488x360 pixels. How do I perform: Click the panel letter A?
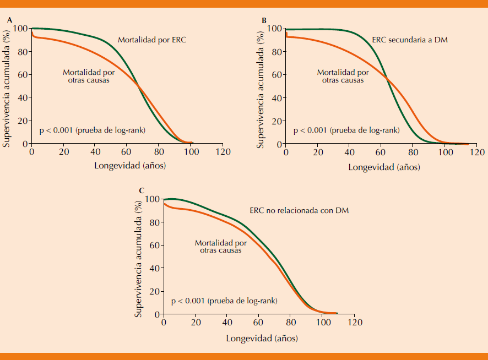[x=9, y=20]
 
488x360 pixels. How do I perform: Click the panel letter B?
[x=264, y=20]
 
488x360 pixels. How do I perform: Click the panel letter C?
[x=142, y=191]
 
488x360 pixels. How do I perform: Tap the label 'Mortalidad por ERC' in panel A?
[x=149, y=40]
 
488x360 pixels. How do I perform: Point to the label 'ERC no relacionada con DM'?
[x=299, y=210]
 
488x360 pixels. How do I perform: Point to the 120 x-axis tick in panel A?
[x=223, y=152]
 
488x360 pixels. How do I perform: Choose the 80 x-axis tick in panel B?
[x=413, y=152]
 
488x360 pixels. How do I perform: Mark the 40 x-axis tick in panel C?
[x=227, y=322]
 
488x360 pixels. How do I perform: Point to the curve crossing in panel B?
[x=387, y=79]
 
